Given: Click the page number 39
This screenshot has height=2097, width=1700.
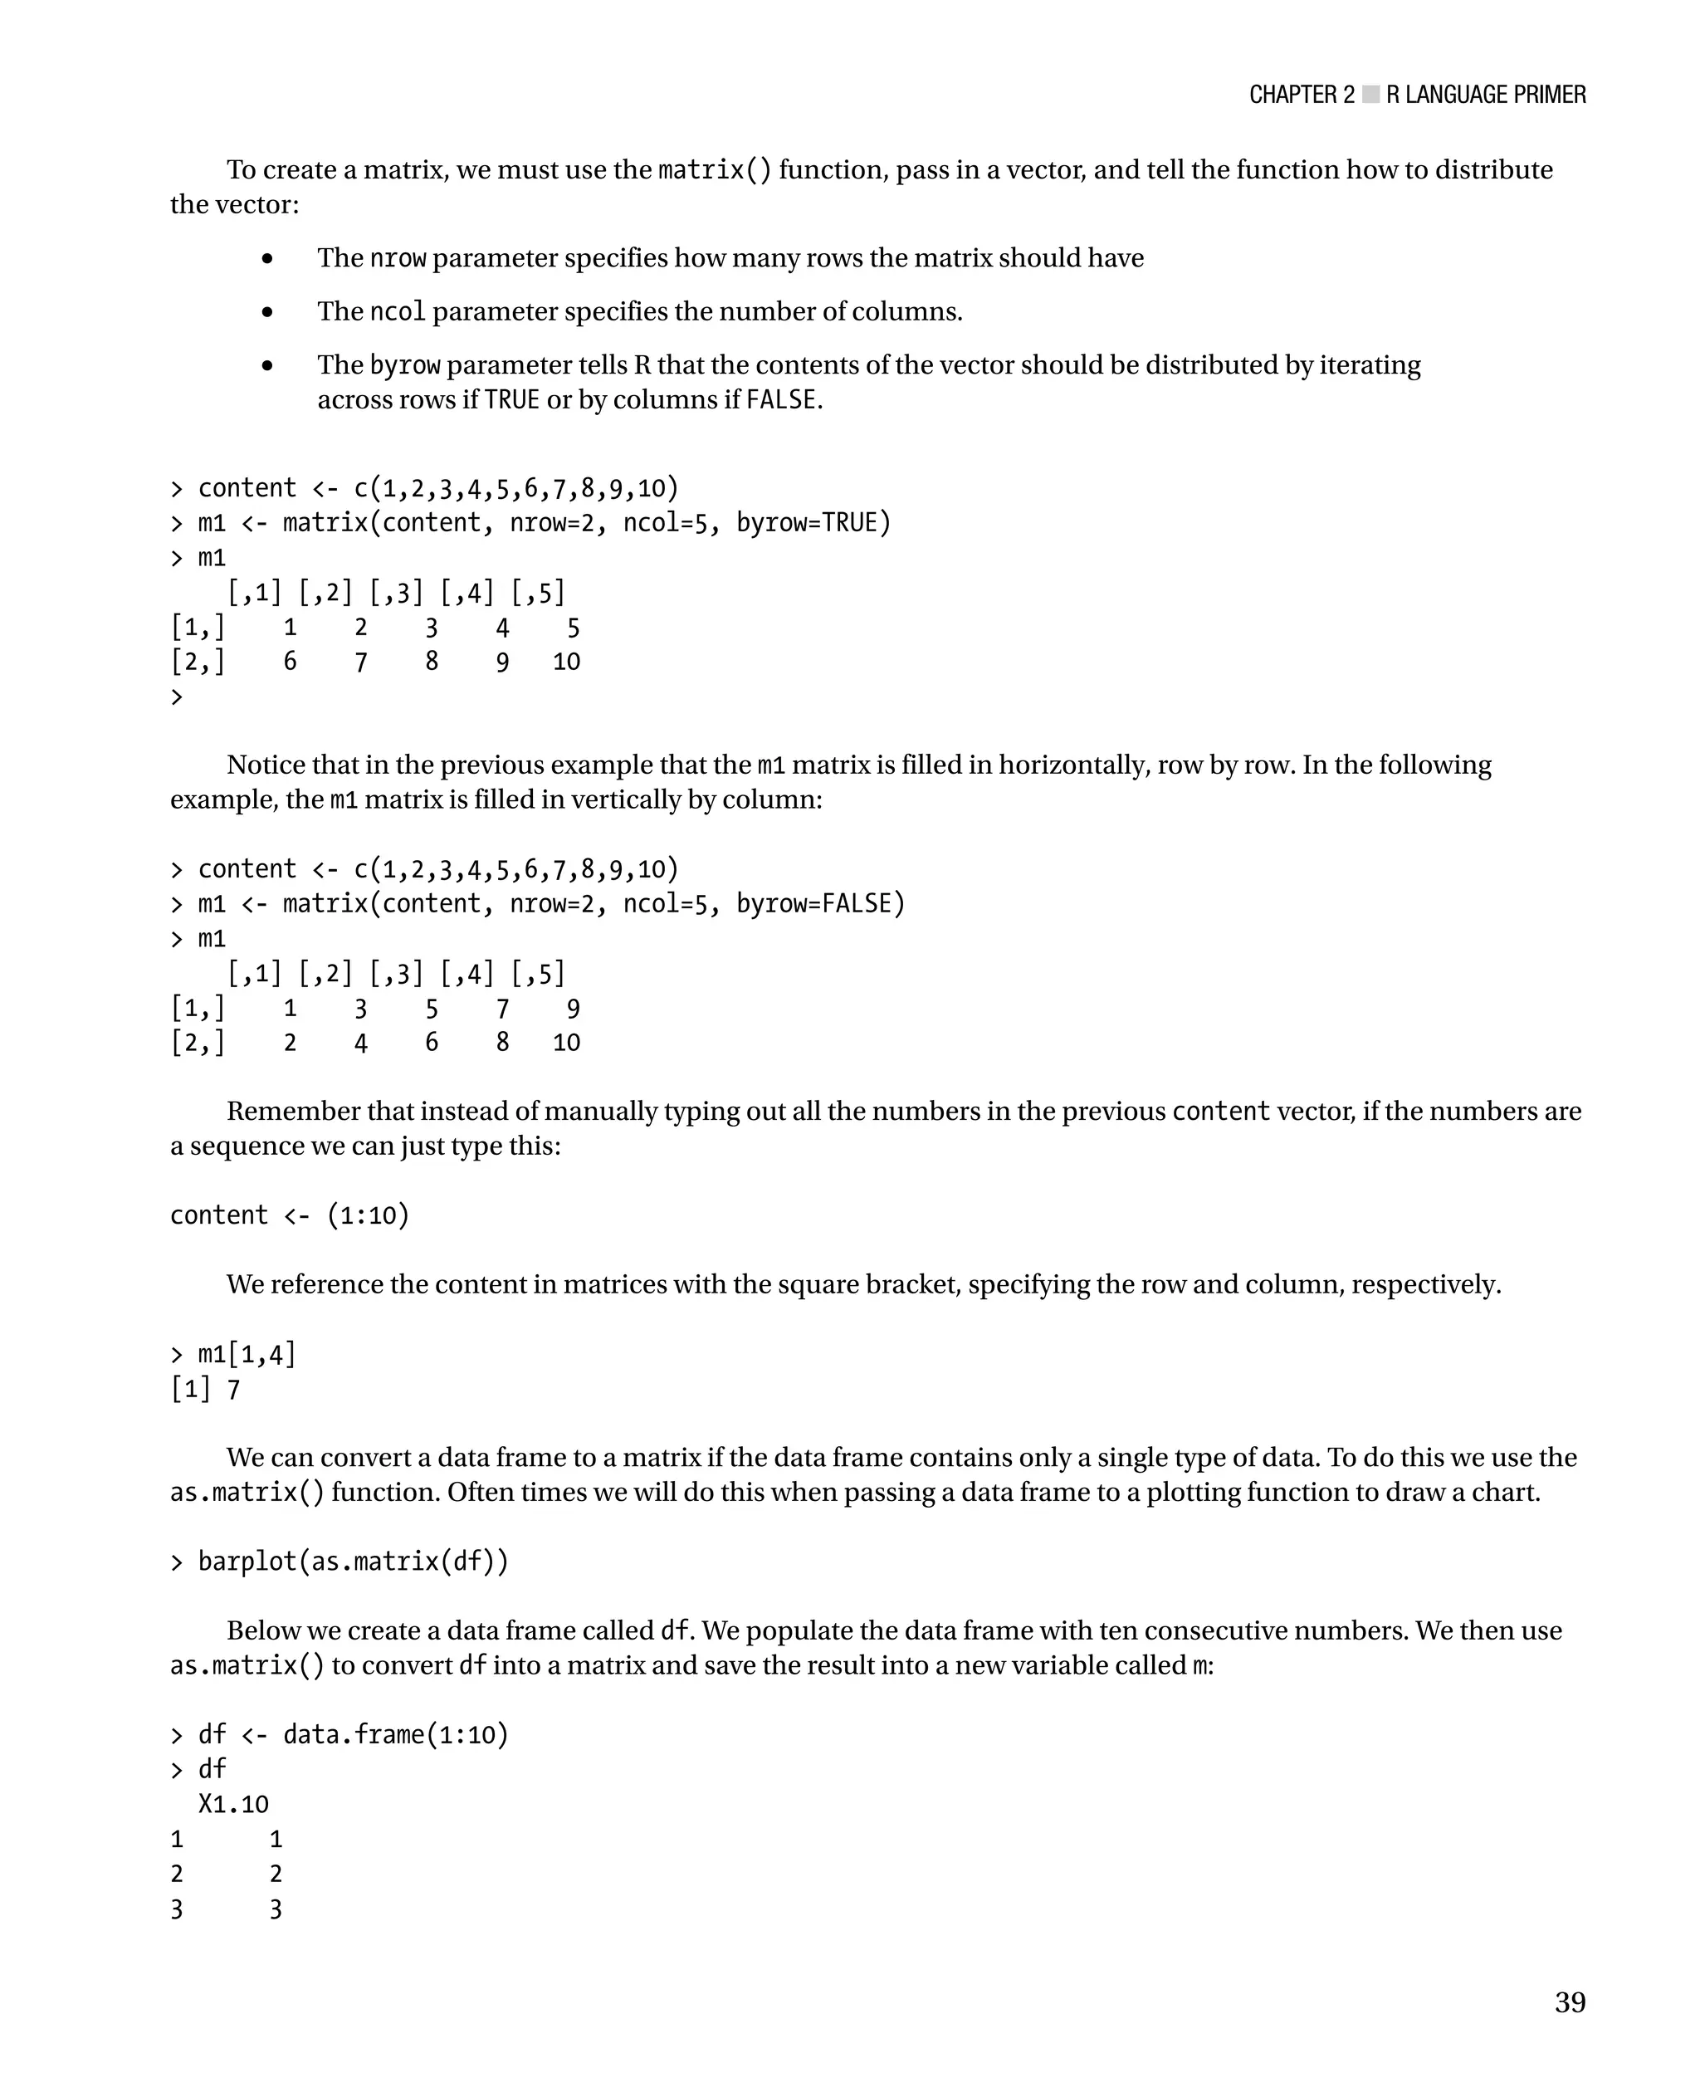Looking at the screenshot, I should pos(1569,2002).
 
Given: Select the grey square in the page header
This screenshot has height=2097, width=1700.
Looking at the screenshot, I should pos(1370,95).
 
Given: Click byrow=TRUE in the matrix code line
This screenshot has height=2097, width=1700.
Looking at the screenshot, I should pos(813,523).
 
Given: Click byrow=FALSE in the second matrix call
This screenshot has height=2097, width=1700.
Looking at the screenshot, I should pos(821,903).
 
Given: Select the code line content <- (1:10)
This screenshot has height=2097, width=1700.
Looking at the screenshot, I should pos(289,1215).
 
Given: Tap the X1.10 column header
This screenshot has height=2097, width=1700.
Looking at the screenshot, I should pos(233,1804).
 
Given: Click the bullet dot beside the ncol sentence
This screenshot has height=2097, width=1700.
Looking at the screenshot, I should pos(267,312).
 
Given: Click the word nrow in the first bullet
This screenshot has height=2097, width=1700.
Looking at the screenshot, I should pos(398,258).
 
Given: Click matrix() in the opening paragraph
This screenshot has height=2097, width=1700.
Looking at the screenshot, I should pos(714,170).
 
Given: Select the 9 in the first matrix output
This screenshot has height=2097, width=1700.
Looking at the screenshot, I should pos(502,663).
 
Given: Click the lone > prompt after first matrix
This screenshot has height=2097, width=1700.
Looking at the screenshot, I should pos(178,697).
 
